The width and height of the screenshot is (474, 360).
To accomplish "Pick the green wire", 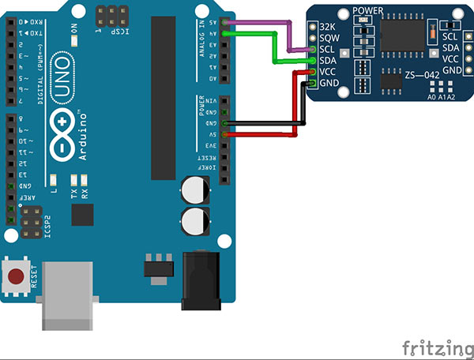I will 276,47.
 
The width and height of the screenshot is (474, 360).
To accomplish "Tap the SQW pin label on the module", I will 328,38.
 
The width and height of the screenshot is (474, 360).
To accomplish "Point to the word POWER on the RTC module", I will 368,11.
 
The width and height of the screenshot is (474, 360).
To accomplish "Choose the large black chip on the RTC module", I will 403,35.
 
